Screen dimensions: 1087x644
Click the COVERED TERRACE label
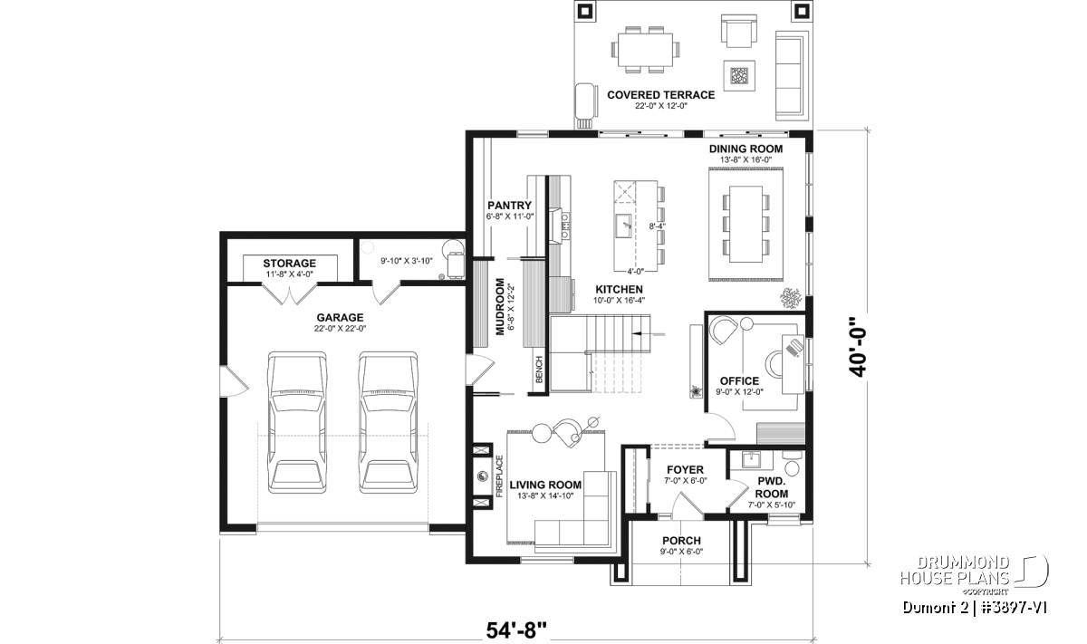click(661, 95)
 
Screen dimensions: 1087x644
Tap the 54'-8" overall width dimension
click(515, 631)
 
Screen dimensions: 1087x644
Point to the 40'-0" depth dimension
click(858, 347)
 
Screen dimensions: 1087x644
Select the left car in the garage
click(297, 423)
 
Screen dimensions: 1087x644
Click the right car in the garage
click(389, 423)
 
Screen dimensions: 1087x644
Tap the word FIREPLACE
click(500, 476)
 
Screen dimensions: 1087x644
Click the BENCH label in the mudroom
click(539, 370)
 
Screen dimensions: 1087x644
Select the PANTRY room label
click(509, 206)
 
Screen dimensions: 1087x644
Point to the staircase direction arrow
click(649, 334)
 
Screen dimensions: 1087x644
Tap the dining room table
click(746, 224)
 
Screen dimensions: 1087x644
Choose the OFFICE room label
click(739, 381)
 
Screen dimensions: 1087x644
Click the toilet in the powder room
click(792, 463)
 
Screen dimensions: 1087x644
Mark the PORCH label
click(682, 541)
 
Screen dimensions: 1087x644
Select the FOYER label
click(685, 470)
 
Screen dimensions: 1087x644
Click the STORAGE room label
click(290, 264)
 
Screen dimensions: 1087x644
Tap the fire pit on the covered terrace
click(739, 75)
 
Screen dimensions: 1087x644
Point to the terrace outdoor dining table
click(645, 50)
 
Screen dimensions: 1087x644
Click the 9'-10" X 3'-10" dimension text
click(406, 261)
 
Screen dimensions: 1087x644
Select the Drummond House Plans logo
click(975, 575)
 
